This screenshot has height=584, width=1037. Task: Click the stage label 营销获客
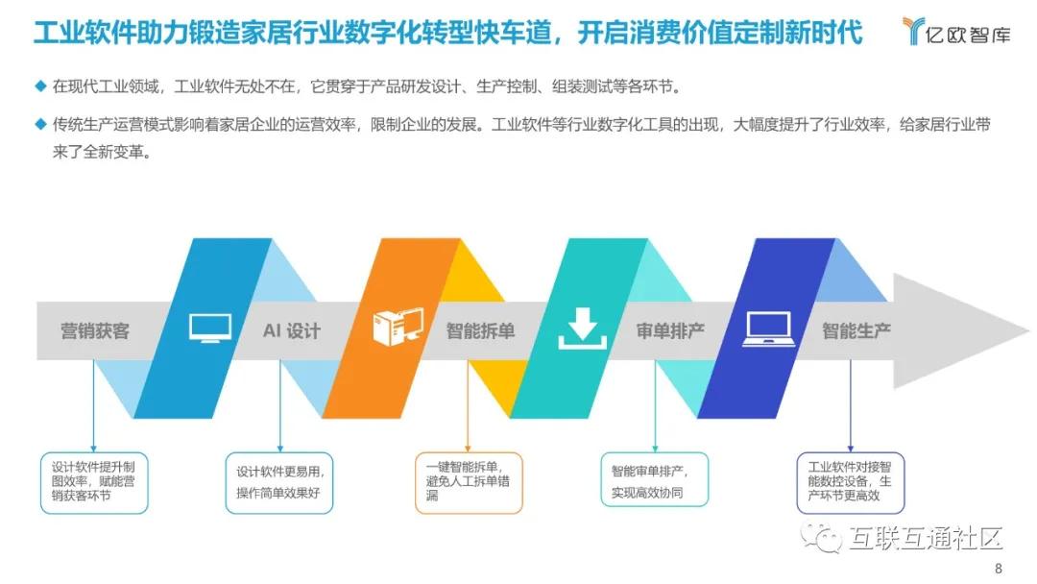(x=94, y=331)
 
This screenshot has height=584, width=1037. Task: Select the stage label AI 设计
(x=292, y=331)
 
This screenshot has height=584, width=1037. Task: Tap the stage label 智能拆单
(x=480, y=331)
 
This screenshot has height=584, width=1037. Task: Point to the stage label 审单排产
(x=670, y=331)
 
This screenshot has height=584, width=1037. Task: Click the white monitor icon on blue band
(x=209, y=328)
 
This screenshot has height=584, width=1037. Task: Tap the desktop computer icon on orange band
(x=398, y=328)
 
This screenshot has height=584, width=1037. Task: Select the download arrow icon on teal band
(x=583, y=328)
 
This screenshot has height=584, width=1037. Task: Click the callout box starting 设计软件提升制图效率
(x=94, y=482)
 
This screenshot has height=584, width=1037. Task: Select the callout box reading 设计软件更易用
(x=279, y=482)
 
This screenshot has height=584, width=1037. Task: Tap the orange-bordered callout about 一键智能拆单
(x=469, y=482)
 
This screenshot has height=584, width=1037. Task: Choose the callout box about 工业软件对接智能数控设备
(x=851, y=482)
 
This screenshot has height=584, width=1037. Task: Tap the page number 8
(x=999, y=568)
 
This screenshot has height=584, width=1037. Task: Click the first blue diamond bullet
(x=40, y=86)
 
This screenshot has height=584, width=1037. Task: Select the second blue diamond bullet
(x=40, y=124)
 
